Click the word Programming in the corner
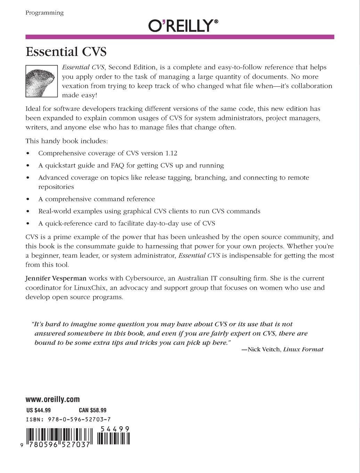coord(44,13)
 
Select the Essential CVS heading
coord(66,52)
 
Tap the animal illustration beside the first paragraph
coord(41,81)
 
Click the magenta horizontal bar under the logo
coord(180,37)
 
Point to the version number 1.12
coord(171,153)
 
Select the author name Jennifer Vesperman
coord(56,279)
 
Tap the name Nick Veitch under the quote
coord(263,350)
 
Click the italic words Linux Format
coord(303,350)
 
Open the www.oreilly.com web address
coord(52,400)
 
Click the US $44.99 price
coord(39,410)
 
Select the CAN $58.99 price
coord(92,410)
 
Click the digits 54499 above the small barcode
coord(115,429)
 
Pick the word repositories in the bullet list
coord(56,187)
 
